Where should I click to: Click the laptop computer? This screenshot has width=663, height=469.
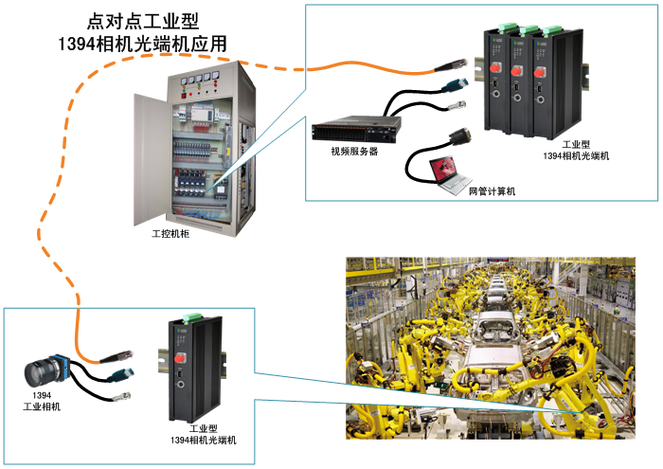click(447, 170)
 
